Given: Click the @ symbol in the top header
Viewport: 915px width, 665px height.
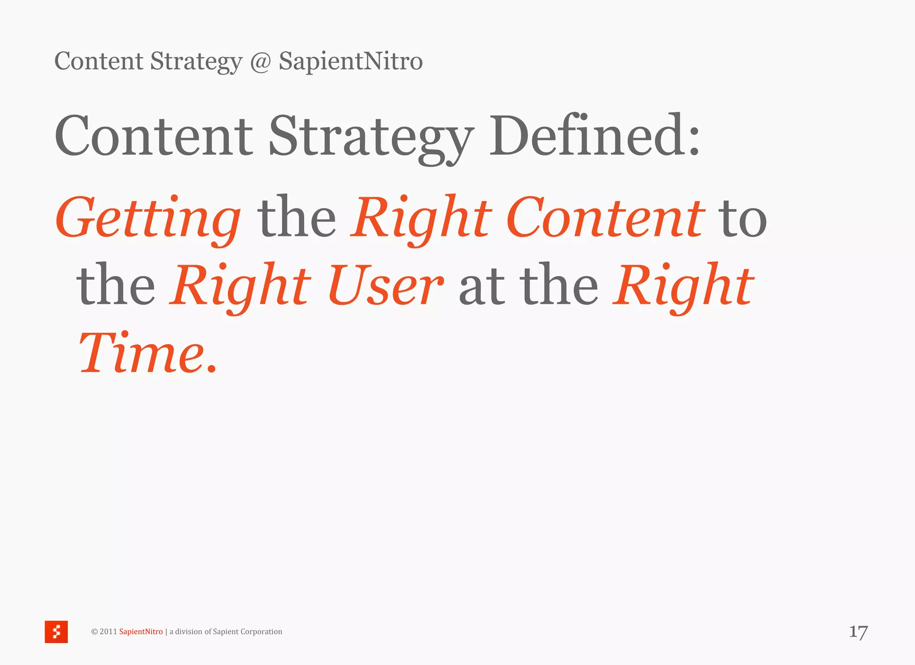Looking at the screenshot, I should [260, 62].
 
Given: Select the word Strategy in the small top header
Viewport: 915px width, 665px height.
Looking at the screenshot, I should [196, 62].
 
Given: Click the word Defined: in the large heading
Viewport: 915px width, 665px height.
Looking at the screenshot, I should [594, 136].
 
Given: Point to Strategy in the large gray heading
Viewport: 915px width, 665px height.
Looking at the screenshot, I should [371, 137].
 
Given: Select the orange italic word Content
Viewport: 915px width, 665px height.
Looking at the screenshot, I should [605, 218].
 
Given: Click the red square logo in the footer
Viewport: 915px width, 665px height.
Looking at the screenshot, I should [56, 632].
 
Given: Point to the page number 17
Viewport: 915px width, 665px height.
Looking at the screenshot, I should [858, 632].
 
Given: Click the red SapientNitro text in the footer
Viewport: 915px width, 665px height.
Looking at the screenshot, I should [141, 632].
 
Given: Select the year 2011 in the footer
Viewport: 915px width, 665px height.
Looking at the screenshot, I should [108, 632].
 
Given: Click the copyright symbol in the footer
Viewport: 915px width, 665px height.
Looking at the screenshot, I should [94, 632].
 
